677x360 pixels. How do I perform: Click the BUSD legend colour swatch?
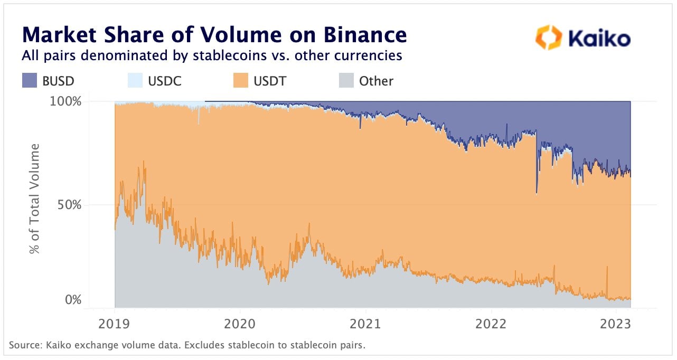29,81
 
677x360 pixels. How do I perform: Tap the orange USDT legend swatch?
240,81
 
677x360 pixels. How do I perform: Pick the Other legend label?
376,81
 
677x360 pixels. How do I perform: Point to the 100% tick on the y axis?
67,101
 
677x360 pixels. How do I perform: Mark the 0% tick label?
73,300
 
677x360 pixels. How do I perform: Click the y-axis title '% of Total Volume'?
35,198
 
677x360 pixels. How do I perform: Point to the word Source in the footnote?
24,346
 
